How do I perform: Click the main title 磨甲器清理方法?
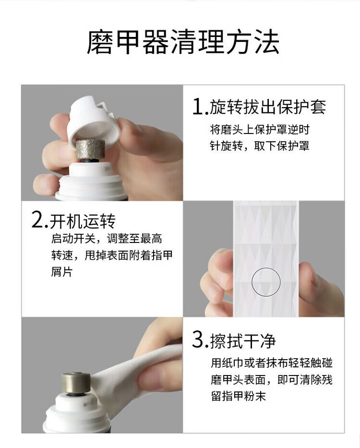[183, 42]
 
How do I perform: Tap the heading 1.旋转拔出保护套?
[259, 107]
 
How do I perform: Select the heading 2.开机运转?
[73, 220]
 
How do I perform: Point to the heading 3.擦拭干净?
[234, 340]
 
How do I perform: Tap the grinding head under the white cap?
[90, 149]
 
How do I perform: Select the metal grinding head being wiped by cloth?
[76, 383]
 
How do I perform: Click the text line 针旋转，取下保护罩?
[259, 146]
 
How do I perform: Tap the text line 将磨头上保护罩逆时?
[259, 130]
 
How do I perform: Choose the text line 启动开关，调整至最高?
[107, 239]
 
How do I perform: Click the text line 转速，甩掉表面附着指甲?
[112, 255]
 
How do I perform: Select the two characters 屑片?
[62, 272]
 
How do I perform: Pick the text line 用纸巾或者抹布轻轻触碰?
[272, 363]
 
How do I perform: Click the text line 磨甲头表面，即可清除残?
[272, 380]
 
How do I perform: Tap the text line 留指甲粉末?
[239, 396]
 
